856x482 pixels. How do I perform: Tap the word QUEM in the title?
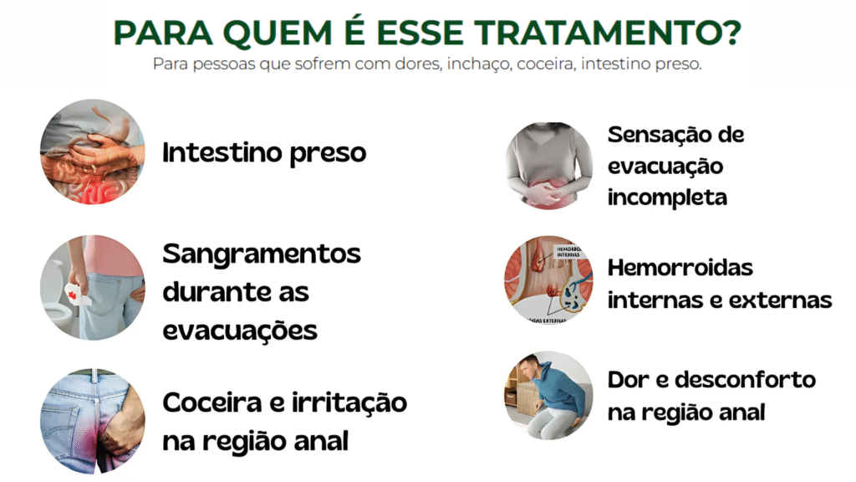click(278, 33)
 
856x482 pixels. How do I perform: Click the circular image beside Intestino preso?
click(92, 151)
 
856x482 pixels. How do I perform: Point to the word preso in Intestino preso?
click(328, 154)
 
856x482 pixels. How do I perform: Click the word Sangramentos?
click(262, 254)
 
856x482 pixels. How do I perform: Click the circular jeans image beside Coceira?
click(92, 421)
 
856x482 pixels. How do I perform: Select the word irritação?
click(349, 403)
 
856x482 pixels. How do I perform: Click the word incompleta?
click(667, 197)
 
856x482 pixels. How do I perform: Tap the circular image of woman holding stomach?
click(548, 166)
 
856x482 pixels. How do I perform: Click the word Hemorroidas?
click(680, 268)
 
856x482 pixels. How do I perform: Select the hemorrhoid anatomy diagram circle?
click(548, 279)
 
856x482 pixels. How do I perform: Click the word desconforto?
click(745, 380)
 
